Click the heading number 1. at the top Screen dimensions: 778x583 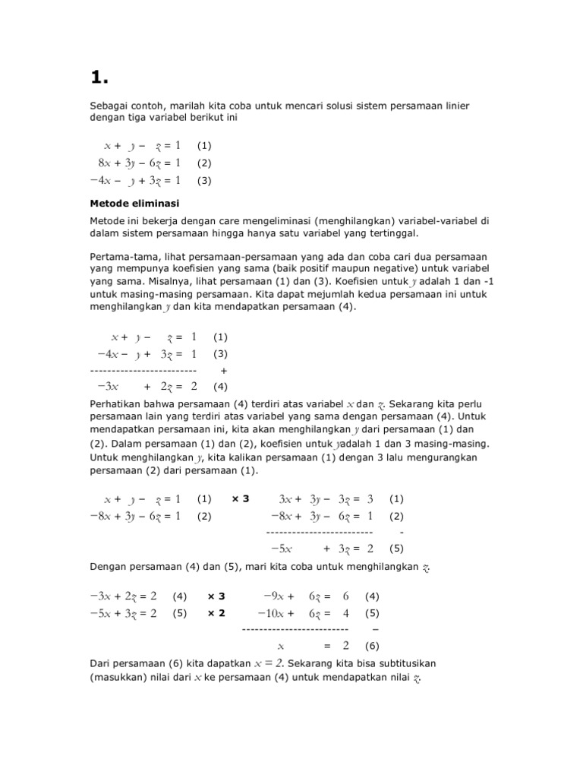pyautogui.click(x=99, y=77)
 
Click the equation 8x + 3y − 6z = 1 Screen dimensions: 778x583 pyautogui.click(x=139, y=163)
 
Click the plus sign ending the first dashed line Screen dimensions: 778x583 pyautogui.click(x=224, y=370)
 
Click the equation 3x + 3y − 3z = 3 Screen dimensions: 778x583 pyautogui.click(x=326, y=499)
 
